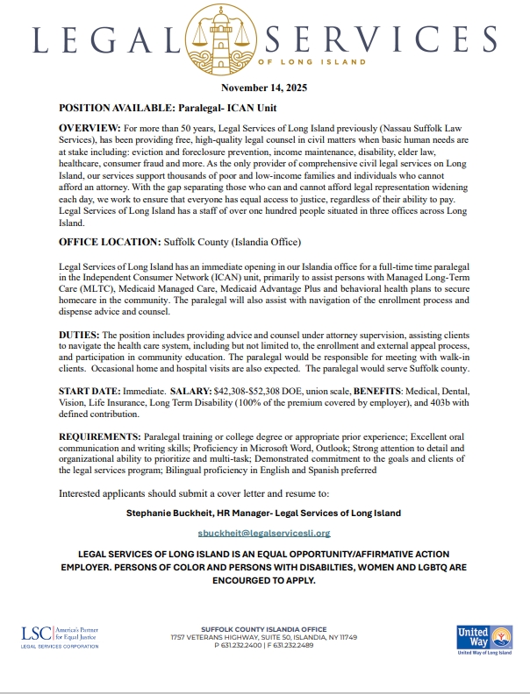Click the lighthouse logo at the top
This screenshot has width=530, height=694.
pyautogui.click(x=265, y=36)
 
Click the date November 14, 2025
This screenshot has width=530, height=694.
pyautogui.click(x=264, y=89)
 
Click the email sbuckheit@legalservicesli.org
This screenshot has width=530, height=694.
pyautogui.click(x=264, y=532)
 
